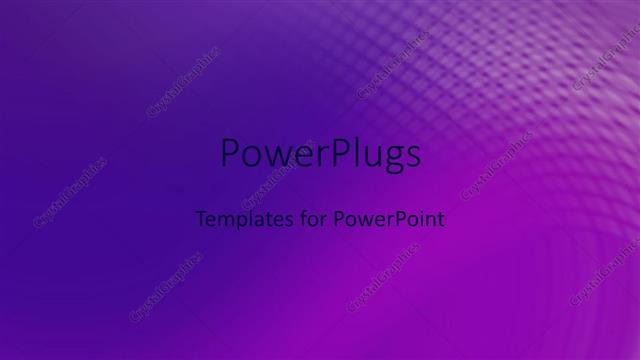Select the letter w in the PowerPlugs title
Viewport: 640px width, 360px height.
272,158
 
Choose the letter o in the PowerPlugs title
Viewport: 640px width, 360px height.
250,158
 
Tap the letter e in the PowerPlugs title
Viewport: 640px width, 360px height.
294,158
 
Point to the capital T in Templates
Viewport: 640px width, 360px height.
199,218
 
